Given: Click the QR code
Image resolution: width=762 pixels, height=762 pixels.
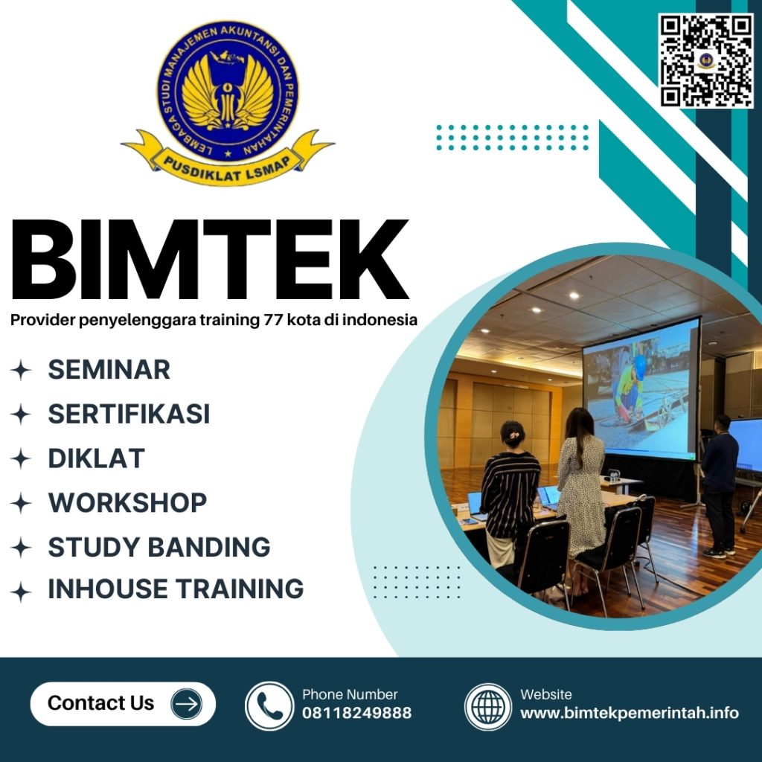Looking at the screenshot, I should point(706,60).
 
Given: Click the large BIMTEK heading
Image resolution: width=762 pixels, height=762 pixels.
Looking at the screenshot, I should point(210,260).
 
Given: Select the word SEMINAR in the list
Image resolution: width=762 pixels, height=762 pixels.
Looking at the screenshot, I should point(109,370).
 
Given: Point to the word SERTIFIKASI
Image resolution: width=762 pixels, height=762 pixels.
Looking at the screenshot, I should point(129,414).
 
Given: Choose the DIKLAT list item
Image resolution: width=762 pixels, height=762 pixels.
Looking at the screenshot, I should point(96,458).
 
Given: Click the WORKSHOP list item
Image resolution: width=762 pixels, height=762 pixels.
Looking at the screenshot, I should point(127,503).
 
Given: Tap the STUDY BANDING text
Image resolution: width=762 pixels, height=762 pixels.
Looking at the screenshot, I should point(159,547).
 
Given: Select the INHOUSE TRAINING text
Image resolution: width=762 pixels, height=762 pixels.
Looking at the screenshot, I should point(176,589).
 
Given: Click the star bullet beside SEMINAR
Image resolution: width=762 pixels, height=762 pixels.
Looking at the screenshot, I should point(21,371).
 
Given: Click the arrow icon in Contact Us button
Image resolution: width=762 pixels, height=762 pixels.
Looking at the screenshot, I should point(186,704).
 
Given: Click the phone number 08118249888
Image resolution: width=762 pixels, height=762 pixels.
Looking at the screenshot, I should point(356,713).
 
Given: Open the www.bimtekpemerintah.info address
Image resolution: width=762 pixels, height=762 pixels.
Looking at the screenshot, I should point(629,713).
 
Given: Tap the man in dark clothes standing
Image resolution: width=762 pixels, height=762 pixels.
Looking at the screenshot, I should point(720,484).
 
